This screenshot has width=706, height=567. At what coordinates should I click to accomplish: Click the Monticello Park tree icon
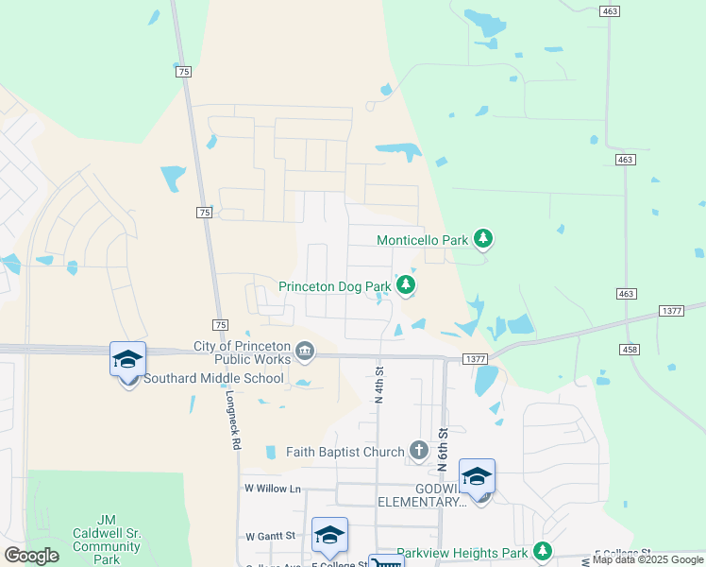(x=483, y=239)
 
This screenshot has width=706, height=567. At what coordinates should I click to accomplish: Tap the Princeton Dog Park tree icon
(x=406, y=284)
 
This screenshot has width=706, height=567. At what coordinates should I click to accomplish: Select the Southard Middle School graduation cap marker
(x=127, y=360)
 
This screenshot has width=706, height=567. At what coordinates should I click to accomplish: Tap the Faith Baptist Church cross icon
(x=419, y=453)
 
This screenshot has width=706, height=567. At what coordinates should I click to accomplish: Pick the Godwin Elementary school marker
(x=477, y=477)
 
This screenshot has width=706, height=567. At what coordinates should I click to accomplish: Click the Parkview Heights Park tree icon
(x=542, y=551)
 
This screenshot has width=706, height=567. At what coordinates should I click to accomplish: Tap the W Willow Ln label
(x=272, y=489)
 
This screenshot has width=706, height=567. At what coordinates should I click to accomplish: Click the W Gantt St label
(x=270, y=536)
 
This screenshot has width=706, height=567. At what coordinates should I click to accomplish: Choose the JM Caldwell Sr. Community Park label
(x=107, y=540)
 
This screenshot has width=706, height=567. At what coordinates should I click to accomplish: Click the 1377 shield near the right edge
(x=671, y=311)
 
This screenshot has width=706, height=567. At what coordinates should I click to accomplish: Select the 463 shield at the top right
(x=610, y=10)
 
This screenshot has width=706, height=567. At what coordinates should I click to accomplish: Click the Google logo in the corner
(x=32, y=555)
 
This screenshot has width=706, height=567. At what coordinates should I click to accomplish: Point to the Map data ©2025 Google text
(x=647, y=560)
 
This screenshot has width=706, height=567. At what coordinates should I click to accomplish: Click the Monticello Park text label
(x=423, y=240)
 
